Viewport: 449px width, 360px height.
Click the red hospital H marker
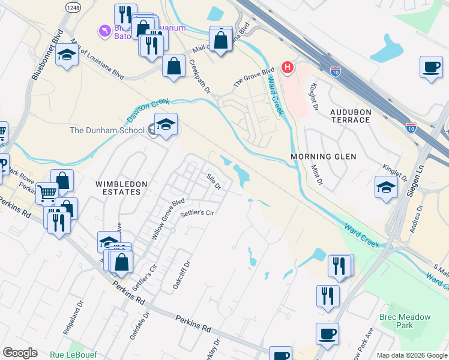pyautogui.click(x=288, y=67)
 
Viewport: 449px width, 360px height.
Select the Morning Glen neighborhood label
pyautogui.click(x=324, y=157)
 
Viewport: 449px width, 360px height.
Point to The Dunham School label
pyautogui.click(x=107, y=130)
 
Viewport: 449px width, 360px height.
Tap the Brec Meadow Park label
pyautogui.click(x=396, y=320)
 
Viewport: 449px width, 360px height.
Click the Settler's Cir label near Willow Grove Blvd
pyautogui.click(x=197, y=212)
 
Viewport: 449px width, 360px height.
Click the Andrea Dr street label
pyautogui.click(x=415, y=218)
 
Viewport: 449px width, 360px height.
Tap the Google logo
pyautogui.click(x=20, y=353)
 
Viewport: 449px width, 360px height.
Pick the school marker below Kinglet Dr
pyautogui.click(x=386, y=187)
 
